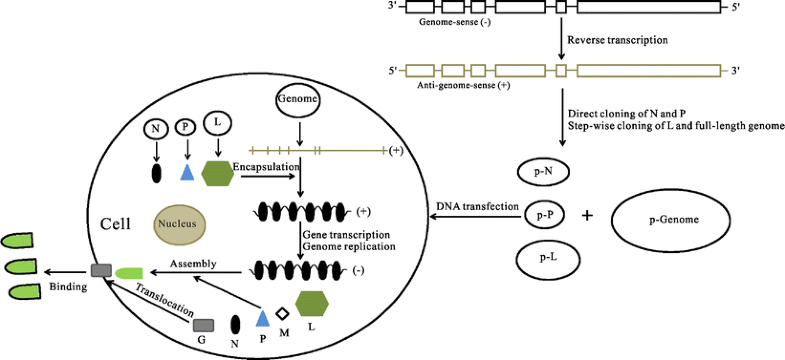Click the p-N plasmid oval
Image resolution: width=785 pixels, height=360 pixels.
tap(545, 171)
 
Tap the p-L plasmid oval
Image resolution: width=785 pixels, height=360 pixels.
tap(545, 258)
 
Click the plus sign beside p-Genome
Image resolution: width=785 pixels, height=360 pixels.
tap(586, 215)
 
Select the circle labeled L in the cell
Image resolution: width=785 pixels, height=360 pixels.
tap(217, 123)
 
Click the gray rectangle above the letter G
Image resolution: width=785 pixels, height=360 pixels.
tap(203, 324)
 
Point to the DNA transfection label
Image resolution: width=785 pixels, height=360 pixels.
tap(477, 206)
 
